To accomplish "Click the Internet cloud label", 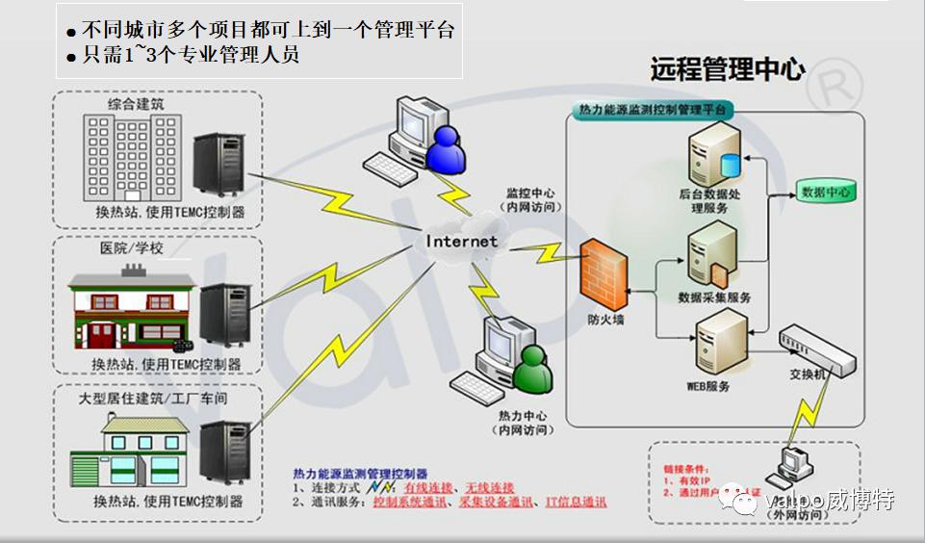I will pyautogui.click(x=462, y=241).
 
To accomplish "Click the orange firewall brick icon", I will pyautogui.click(x=604, y=273).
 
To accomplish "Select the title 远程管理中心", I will pyautogui.click(x=728, y=69).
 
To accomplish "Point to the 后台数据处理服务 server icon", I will pyautogui.click(x=713, y=156).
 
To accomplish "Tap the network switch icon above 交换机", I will pyautogui.click(x=815, y=347).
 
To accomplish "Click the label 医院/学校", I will pyautogui.click(x=132, y=248).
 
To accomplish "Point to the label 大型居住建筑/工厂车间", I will pyautogui.click(x=153, y=397).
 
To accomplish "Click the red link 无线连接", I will pyautogui.click(x=489, y=488).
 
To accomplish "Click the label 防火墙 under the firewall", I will pyautogui.click(x=605, y=319).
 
